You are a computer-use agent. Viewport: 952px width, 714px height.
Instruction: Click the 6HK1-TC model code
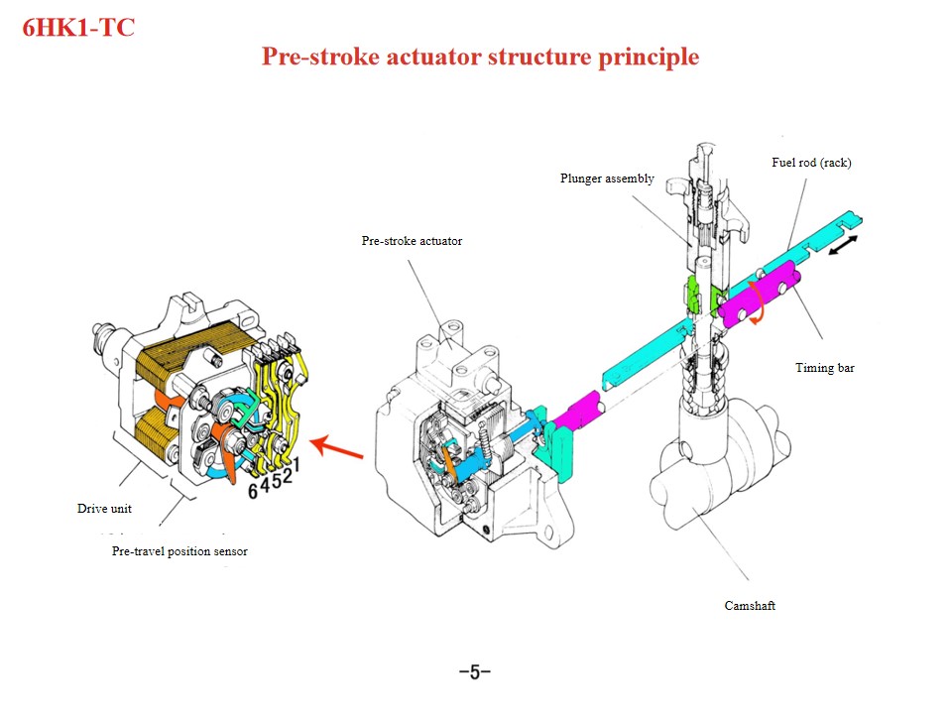(78, 27)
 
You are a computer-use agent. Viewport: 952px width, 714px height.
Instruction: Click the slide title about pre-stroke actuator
(480, 57)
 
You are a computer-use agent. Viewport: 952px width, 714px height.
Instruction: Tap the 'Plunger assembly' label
(607, 178)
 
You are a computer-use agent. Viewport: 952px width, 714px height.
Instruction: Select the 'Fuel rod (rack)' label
(810, 163)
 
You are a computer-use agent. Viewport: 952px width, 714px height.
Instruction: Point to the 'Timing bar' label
(824, 368)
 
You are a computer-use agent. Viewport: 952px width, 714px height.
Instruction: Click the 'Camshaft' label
(750, 605)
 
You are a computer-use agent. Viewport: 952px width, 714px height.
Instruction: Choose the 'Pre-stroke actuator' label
(412, 241)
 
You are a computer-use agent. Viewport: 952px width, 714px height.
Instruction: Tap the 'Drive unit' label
(104, 509)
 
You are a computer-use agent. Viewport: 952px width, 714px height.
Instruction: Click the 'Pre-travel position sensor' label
(179, 551)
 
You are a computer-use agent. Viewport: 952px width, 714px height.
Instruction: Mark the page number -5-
(475, 672)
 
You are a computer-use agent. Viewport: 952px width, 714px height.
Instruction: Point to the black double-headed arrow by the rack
(844, 245)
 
